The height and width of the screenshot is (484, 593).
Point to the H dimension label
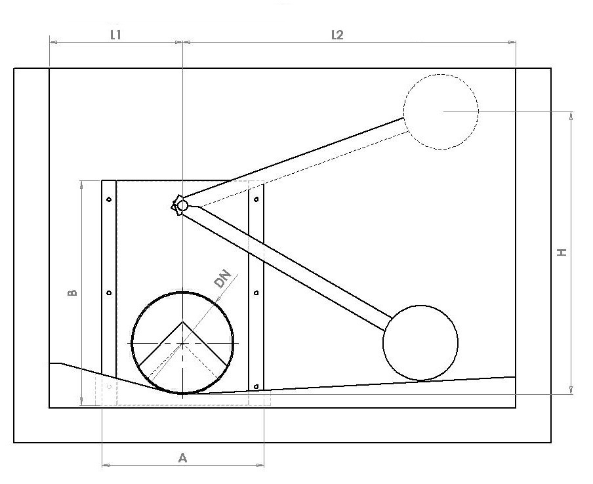pos(562,252)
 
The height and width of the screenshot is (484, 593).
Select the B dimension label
pos(73,292)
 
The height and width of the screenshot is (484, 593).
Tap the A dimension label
pos(182,458)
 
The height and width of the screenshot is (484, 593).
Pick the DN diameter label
pos(222,279)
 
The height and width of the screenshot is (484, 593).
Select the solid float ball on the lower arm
pos(420,342)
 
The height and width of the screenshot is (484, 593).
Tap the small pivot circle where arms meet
pos(182,206)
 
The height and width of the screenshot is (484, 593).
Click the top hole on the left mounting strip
pos(109,199)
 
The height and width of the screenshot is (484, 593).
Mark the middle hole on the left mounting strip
pos(109,292)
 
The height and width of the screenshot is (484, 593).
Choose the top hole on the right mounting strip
pos(256,199)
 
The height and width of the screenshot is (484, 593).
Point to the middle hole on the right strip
pos(256,292)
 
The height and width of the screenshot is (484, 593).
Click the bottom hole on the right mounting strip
pos(256,386)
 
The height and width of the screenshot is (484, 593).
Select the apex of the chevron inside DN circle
pos(182,321)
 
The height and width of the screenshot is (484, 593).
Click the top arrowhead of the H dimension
pos(572,115)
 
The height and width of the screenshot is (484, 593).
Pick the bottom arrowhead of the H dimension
pos(572,391)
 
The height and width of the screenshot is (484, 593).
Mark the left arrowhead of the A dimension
pos(105,466)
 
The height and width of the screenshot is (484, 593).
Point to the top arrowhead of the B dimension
pos(81,184)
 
